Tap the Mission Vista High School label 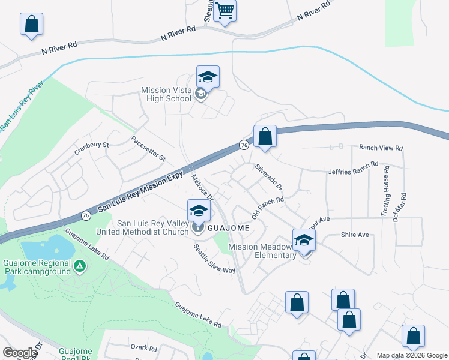(x=166, y=94)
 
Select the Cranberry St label (x=92, y=145)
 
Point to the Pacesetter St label (x=148, y=149)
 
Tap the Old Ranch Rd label (x=267, y=207)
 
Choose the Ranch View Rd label (x=381, y=148)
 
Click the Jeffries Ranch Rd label (x=353, y=167)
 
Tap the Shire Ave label (x=354, y=235)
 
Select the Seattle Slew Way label (x=214, y=259)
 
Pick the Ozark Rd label (x=143, y=347)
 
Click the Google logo (x=19, y=353)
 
